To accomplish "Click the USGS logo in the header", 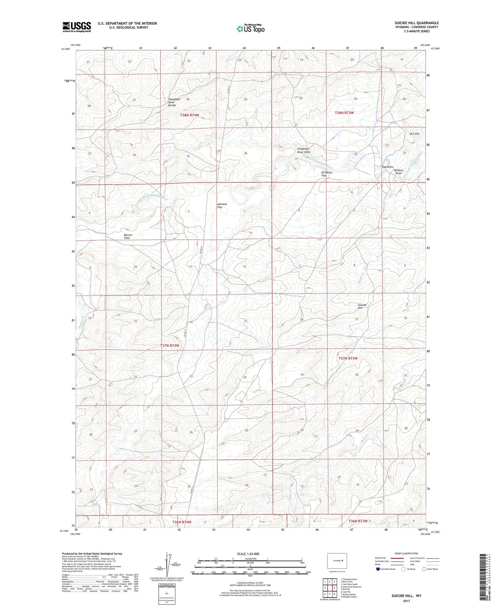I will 77,27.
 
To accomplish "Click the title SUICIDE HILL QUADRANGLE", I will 416,23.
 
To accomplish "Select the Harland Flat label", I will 222,206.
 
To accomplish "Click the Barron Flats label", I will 128,236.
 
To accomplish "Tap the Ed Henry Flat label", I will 326,174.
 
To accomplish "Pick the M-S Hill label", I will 414,134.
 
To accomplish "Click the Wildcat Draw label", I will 399,172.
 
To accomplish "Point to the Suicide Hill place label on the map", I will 362,306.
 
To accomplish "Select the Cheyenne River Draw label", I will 303,150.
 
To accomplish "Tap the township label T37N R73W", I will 348,358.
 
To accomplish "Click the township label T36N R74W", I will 182,522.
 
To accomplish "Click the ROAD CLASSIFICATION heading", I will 406,553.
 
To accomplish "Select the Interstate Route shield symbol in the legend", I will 378,569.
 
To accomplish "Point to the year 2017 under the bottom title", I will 406,601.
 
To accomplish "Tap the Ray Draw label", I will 388,167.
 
